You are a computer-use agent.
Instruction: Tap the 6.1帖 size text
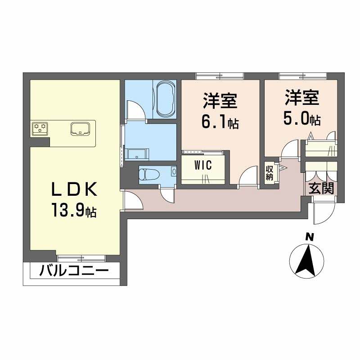click(x=220, y=122)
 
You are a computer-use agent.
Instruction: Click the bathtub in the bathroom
click(x=165, y=99)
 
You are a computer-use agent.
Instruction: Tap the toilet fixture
click(x=148, y=173)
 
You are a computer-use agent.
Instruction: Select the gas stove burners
click(x=40, y=129)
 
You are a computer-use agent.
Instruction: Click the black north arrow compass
click(x=309, y=260)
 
